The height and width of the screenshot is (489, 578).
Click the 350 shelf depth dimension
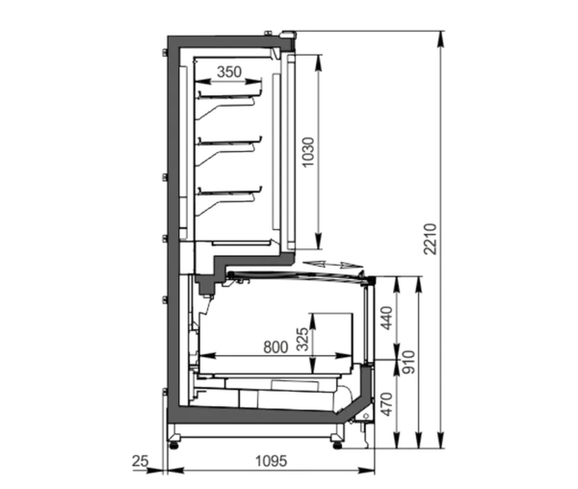pos(229,72)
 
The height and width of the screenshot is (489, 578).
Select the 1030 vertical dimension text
pos(308,152)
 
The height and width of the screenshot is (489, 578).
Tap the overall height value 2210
pos(430,239)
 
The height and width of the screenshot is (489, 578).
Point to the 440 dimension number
pos(386,318)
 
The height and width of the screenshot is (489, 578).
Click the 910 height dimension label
pos(408,362)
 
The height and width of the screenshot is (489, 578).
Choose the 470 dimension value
pos(386,404)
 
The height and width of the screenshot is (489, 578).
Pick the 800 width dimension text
pos(276,347)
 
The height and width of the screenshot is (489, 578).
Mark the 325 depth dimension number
pos(302,339)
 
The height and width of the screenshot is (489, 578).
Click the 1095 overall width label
pos(271,461)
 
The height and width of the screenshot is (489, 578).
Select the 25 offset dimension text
pos(140,461)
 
